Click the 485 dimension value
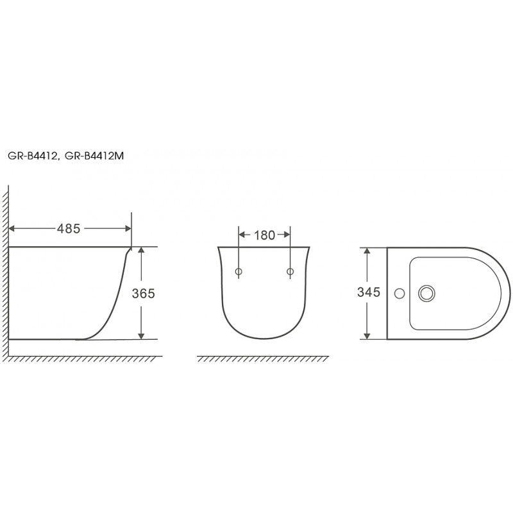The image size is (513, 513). pos(69,228)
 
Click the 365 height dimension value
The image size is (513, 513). pos(143,294)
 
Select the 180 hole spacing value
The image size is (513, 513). pos(264,235)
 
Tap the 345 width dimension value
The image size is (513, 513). pos(369,292)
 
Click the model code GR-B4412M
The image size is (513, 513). pos(94,156)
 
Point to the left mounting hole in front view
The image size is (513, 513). pos(239,271)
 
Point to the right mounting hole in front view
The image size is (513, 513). pos(290,271)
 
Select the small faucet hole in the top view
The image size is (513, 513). pos(399,294)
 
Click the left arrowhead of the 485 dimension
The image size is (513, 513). pos(12,229)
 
